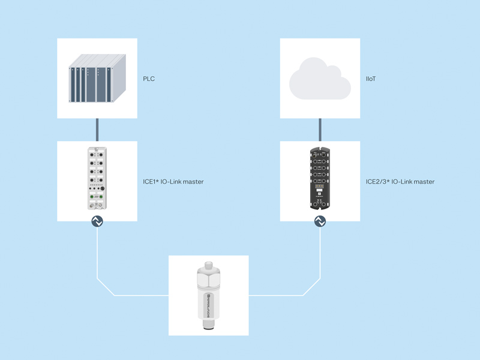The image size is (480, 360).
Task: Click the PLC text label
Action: pos(149,79)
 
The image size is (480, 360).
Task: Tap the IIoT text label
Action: pos(371,79)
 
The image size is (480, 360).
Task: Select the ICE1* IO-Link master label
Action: pos(173,182)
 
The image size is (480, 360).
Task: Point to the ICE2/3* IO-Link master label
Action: pos(400,182)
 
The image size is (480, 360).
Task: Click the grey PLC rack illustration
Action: pos(97,78)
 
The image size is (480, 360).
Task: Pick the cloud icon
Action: pos(320,79)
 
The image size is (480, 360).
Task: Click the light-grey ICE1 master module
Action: pos(97,178)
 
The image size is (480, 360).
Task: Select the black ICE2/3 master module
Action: pos(320,178)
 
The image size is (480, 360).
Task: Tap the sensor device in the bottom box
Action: pos(208,295)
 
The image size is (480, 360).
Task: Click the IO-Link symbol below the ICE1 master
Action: pos(97,221)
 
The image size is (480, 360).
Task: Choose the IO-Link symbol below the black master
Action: pos(320,221)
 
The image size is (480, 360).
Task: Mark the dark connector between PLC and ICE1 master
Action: pos(97,130)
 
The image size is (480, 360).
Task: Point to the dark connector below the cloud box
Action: pos(320,130)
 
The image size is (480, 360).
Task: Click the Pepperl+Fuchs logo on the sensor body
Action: pos(208,305)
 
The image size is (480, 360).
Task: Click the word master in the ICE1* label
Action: pos(193,182)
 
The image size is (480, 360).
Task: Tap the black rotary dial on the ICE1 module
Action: pos(103,188)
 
